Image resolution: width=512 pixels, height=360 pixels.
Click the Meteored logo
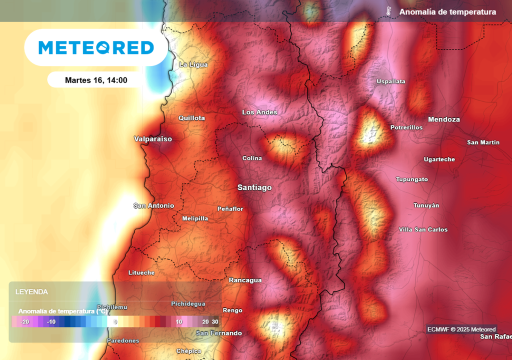[96, 47]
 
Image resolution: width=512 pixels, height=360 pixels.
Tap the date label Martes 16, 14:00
[96, 80]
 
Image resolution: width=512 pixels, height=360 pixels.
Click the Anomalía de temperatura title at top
[447, 12]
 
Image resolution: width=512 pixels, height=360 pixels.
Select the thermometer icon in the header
[388, 11]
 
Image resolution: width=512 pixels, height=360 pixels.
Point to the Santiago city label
[254, 187]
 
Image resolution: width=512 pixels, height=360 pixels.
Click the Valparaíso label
[153, 138]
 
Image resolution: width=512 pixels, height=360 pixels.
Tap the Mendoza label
[443, 119]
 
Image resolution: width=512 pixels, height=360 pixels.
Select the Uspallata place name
[391, 81]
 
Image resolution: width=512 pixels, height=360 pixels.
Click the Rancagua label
[245, 280]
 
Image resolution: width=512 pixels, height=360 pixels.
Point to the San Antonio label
[154, 205]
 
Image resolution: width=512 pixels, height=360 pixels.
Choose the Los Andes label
[259, 112]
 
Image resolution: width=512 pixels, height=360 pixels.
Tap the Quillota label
[192, 118]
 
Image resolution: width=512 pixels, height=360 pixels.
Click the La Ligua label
[193, 64]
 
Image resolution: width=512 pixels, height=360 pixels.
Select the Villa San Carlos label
[423, 229]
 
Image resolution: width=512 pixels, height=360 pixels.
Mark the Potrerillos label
[406, 127]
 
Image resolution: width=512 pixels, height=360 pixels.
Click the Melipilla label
[195, 218]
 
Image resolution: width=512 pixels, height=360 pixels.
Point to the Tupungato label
[412, 179]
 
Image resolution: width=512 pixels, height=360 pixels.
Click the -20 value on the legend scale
[25, 322]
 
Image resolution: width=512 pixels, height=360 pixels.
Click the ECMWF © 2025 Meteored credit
[461, 329]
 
